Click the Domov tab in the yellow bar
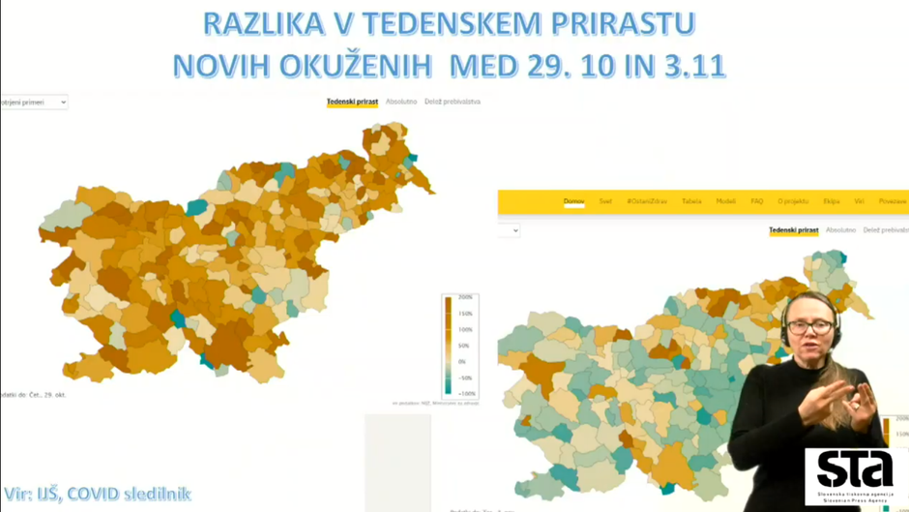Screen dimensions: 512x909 [x=573, y=201]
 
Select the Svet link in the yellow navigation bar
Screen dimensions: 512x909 [x=605, y=201]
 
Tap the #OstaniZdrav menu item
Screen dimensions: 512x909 [x=647, y=201]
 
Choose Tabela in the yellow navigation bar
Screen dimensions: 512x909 [x=691, y=201]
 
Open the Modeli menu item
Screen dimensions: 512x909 [x=725, y=201]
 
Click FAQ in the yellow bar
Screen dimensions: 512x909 [x=757, y=201]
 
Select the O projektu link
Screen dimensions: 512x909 [x=793, y=201]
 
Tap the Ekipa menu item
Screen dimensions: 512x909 [x=831, y=201]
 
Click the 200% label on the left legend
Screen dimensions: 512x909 [x=465, y=298]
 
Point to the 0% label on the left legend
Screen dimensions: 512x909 [x=463, y=362]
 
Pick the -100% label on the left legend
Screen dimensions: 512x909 [x=465, y=394]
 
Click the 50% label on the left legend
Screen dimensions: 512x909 [x=464, y=346]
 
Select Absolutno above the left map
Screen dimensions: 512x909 [x=401, y=102]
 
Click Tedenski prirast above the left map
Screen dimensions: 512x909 [x=352, y=102]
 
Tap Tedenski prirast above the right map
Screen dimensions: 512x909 [x=794, y=230]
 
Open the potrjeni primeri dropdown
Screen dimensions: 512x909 [x=34, y=102]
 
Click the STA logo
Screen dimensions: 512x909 [x=854, y=474]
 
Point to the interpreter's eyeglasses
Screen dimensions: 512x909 [x=808, y=327]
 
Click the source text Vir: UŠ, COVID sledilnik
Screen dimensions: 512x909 [x=97, y=495]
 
